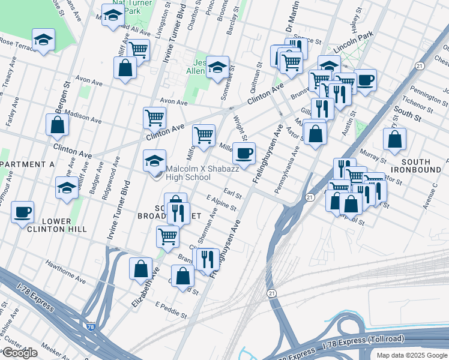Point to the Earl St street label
coord(232,193)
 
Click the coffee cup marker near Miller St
coord(244,154)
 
